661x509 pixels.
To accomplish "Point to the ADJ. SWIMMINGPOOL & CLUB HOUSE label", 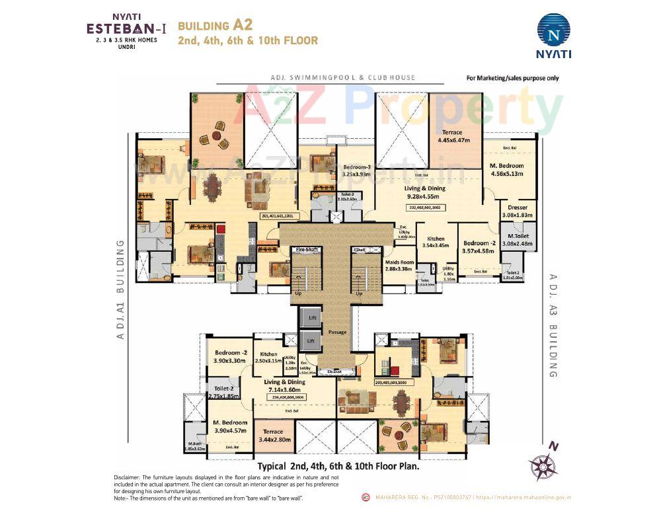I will pyautogui.click(x=342, y=77).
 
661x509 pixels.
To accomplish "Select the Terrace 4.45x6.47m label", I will pyautogui.click(x=453, y=136).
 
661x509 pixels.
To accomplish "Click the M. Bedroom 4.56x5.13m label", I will pyautogui.click(x=506, y=169).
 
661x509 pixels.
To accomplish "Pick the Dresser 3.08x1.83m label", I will pyautogui.click(x=518, y=211).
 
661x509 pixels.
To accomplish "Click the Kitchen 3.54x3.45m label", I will pyautogui.click(x=434, y=242).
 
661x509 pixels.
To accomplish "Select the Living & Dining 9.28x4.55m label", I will pyautogui.click(x=425, y=192).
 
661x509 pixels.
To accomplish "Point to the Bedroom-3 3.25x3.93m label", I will pyautogui.click(x=356, y=171).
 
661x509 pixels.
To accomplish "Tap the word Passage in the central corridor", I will pyautogui.click(x=337, y=332).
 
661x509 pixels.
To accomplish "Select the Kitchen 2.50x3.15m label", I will pyautogui.click(x=268, y=358).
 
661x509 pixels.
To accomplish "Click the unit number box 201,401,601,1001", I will pyautogui.click(x=281, y=215).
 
